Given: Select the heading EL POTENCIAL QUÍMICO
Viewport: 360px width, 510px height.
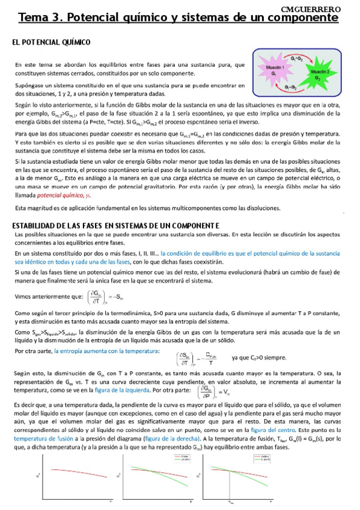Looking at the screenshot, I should (51, 43).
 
